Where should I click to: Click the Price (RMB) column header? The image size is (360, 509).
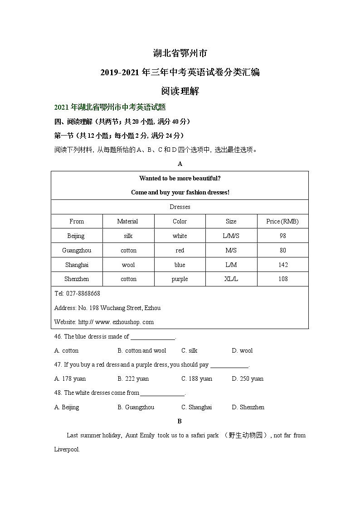[x=282, y=221]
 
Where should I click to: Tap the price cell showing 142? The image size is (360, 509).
[x=283, y=265]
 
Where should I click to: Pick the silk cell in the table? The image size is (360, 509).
[x=128, y=236]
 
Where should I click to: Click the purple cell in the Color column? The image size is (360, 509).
[x=180, y=279]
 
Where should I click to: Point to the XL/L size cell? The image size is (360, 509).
[x=231, y=279]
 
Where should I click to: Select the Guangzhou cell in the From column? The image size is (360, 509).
[x=77, y=250]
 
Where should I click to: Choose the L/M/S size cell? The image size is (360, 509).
[x=231, y=236]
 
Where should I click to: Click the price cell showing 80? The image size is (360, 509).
[x=283, y=250]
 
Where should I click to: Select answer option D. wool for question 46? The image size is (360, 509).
[x=242, y=350]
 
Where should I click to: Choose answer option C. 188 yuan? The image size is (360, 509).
[x=197, y=378]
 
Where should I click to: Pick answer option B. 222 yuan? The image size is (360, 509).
[x=133, y=378]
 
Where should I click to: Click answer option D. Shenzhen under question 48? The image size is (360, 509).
[x=248, y=407]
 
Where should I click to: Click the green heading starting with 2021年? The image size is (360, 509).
[x=110, y=107]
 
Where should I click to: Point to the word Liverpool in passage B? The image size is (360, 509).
[x=67, y=450]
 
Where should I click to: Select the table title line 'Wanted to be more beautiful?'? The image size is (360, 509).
[x=180, y=178]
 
